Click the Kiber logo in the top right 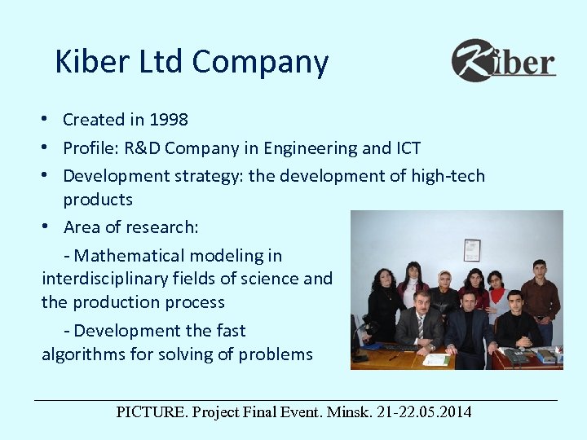pos(503,60)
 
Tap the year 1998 pos(169,120)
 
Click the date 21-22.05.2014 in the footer pos(424,411)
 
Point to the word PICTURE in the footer pos(152,411)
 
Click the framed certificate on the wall pos(472,249)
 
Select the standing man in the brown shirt pos(539,297)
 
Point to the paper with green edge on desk pos(435,359)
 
